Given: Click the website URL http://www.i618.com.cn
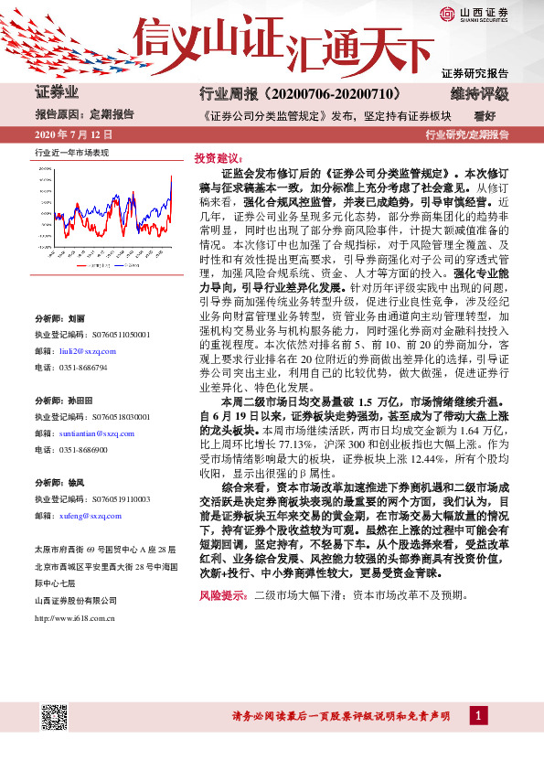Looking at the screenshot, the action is coord(73,617).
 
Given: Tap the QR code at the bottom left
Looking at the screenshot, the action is coord(54,716).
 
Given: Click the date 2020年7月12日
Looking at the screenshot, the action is coord(71,134).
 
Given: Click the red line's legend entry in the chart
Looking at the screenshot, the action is coord(91,264).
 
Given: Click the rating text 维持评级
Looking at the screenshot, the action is coord(478,93).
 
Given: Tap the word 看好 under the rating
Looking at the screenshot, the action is coord(485,116).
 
